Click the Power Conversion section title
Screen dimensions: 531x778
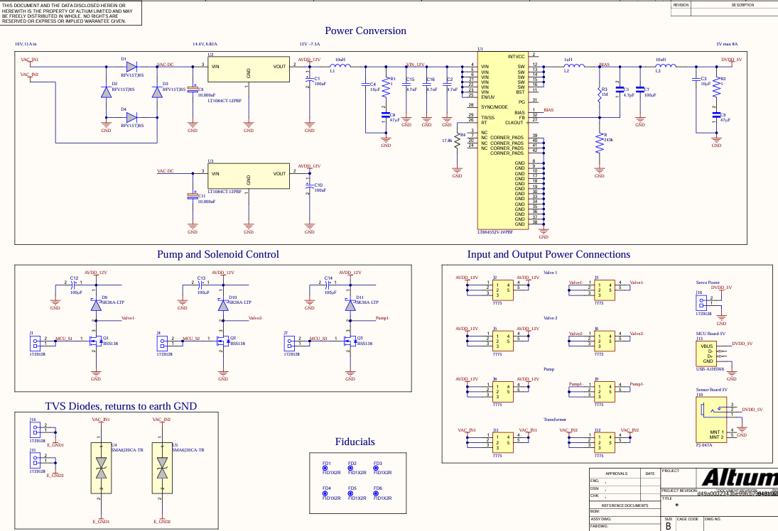coord(365,31)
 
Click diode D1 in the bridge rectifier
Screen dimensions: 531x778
coord(131,66)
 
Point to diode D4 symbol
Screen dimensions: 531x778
coord(131,117)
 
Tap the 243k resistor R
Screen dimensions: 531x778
coord(600,144)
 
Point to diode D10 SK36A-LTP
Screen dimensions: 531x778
coord(223,305)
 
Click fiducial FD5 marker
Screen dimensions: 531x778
coord(352,493)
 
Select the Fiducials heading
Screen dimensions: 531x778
coord(355,442)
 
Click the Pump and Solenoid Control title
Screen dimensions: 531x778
coord(217,254)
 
